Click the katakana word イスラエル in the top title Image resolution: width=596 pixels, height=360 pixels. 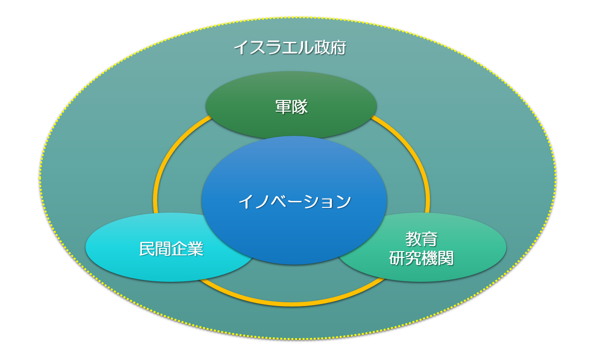(x=273, y=47)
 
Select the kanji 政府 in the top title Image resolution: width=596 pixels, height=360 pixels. (x=330, y=47)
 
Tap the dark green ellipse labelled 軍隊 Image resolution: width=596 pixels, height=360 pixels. (x=291, y=105)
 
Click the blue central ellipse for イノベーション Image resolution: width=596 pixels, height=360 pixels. (x=294, y=200)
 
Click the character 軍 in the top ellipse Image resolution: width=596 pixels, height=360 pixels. (x=283, y=107)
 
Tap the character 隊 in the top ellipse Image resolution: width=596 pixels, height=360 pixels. (x=299, y=107)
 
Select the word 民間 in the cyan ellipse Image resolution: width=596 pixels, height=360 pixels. (x=155, y=249)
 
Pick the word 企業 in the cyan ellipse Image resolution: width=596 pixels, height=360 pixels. (x=187, y=249)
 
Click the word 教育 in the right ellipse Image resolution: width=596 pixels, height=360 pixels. (x=421, y=239)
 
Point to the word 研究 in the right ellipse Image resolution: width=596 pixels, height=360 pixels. (x=405, y=258)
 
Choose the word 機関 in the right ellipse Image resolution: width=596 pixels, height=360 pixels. (x=437, y=258)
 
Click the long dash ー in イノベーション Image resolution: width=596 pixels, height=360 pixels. (x=294, y=202)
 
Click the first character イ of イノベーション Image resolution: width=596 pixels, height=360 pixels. (x=245, y=201)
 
